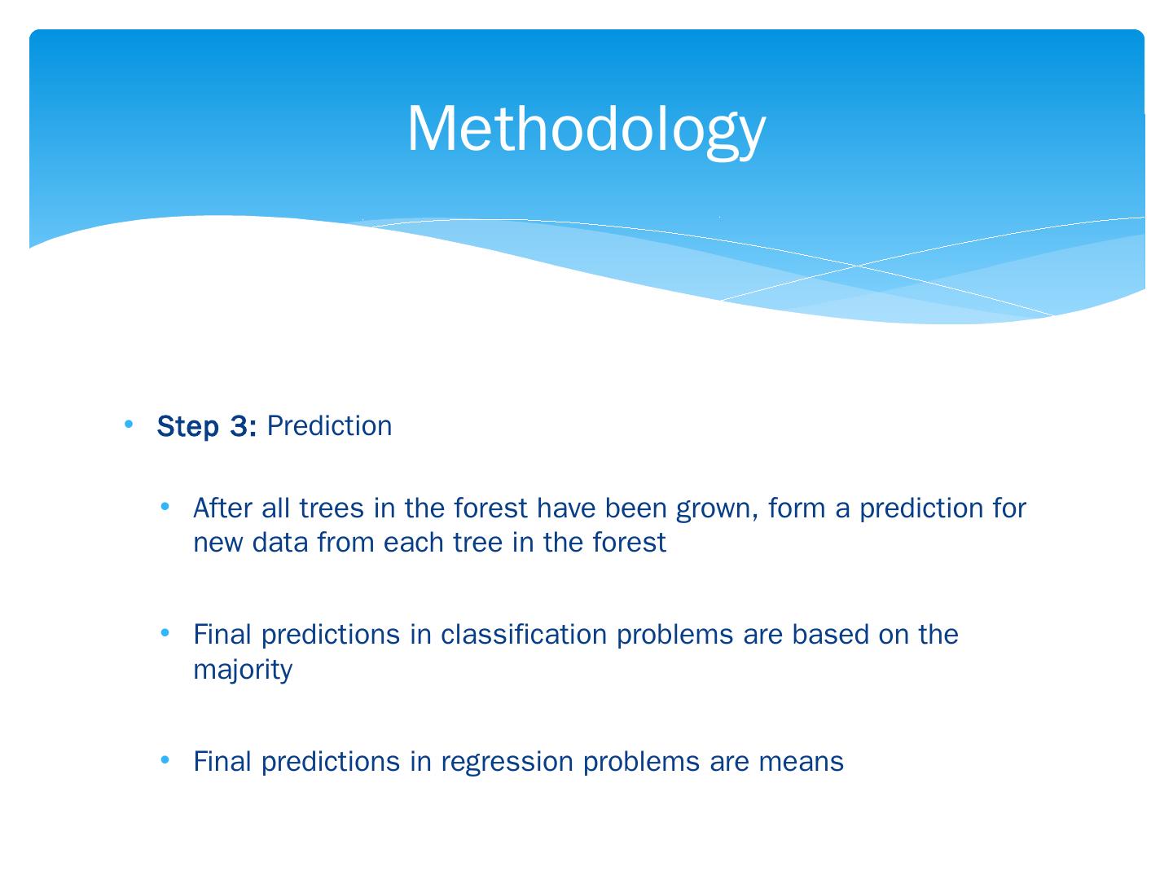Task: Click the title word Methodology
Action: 586,131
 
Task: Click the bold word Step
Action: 188,427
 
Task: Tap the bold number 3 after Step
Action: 239,426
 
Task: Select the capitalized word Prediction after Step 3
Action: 329,426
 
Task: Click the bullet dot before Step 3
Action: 128,425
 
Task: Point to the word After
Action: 222,508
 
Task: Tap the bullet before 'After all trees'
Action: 165,506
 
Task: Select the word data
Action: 280,543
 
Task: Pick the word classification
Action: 524,634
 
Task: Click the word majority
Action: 243,671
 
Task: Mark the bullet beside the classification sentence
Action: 165,632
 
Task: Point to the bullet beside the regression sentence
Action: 165,759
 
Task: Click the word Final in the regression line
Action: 222,761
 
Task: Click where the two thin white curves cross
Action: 857,266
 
